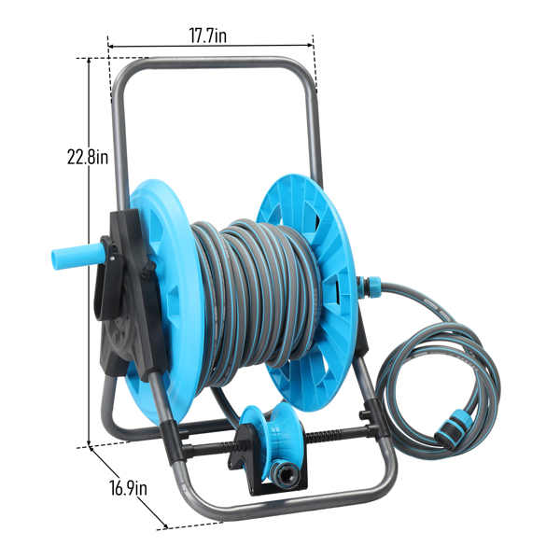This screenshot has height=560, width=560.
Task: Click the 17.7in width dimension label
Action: click(207, 35)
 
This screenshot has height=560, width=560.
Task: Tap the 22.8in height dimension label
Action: click(88, 156)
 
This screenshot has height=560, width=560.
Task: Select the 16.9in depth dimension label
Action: click(128, 487)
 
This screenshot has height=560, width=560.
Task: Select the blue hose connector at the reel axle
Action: click(370, 287)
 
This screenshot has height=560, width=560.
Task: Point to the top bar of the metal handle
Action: click(215, 63)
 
